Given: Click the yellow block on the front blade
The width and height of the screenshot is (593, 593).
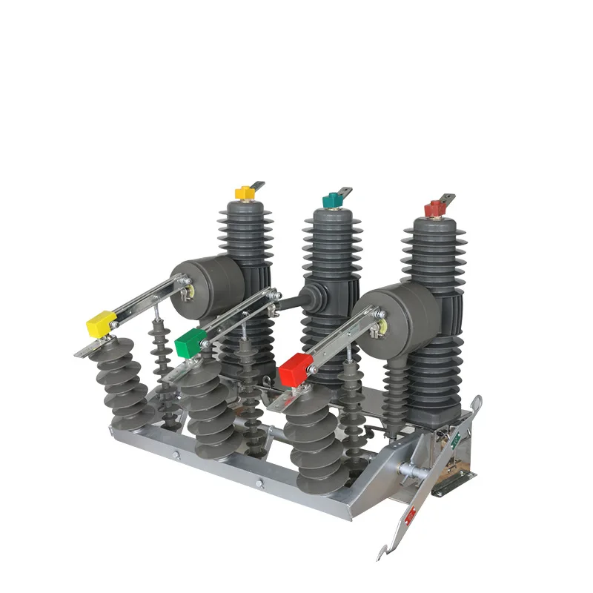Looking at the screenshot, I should pos(102,323).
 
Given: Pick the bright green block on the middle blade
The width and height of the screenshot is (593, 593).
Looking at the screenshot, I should pos(191,342).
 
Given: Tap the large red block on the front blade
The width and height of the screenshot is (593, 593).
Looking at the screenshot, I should pos(296,367).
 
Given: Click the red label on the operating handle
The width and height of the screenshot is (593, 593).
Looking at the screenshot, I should pos(409,514).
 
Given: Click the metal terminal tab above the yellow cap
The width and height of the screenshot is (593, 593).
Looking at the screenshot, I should pos(256,185).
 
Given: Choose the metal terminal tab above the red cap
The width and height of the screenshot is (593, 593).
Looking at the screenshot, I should pos(447,199).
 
